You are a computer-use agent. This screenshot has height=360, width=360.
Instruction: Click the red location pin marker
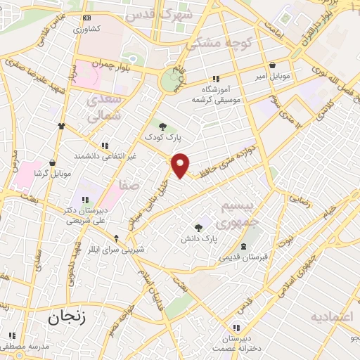coord(181,165)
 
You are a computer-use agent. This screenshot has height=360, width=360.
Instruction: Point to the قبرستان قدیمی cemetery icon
coord(243,246)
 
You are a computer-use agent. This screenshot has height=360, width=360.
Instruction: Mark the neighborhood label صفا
coord(127,185)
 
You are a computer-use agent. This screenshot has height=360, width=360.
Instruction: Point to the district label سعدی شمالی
coord(103,108)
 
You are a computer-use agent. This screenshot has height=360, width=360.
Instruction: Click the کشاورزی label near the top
coord(88,30)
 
